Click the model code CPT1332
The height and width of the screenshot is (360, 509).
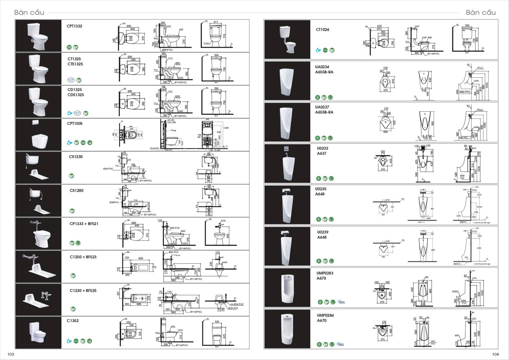75,26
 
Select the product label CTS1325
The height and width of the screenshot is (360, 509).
75,64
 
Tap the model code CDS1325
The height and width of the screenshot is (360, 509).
76,95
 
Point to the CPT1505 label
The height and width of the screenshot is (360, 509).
75,124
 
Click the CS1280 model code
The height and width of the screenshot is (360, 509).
76,191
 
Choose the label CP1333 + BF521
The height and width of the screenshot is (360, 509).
84,224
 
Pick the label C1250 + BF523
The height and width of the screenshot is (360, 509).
83,257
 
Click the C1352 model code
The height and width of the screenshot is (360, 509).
73,321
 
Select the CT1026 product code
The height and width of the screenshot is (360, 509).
322,30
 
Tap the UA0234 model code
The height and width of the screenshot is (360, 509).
322,67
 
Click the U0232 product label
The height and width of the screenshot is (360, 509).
322,148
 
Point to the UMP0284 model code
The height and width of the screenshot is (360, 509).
325,316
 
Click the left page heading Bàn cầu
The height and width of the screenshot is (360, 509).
29,13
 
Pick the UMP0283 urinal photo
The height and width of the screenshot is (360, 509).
287,288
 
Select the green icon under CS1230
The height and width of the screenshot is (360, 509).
72,176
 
